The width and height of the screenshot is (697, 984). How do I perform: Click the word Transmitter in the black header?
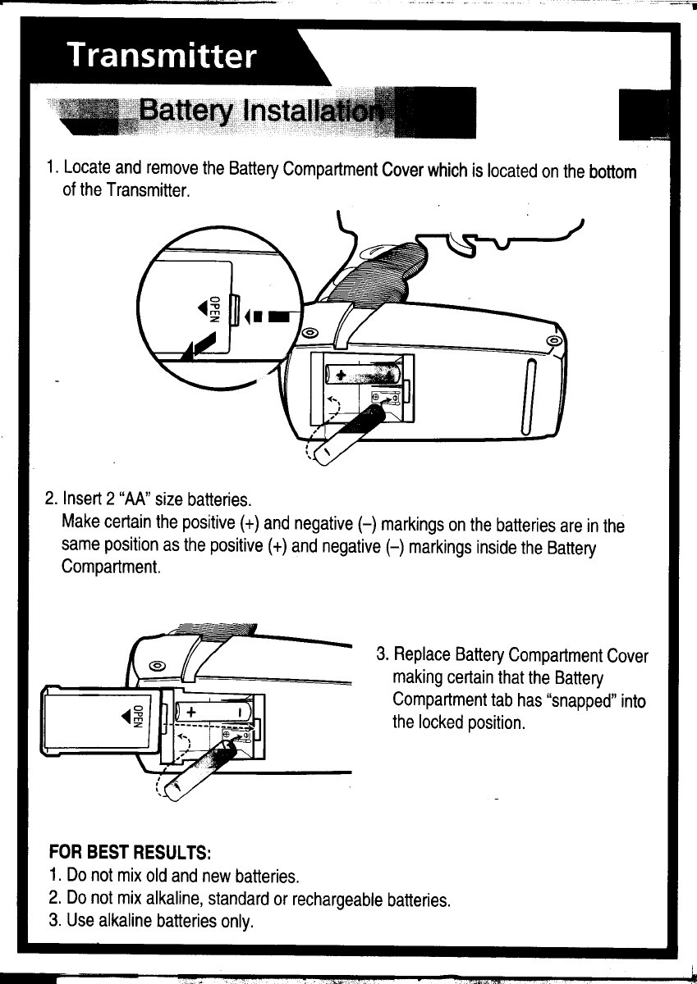[x=163, y=58]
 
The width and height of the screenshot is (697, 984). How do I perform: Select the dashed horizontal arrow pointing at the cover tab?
[x=269, y=315]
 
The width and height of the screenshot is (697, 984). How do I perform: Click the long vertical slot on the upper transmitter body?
[x=530, y=396]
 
